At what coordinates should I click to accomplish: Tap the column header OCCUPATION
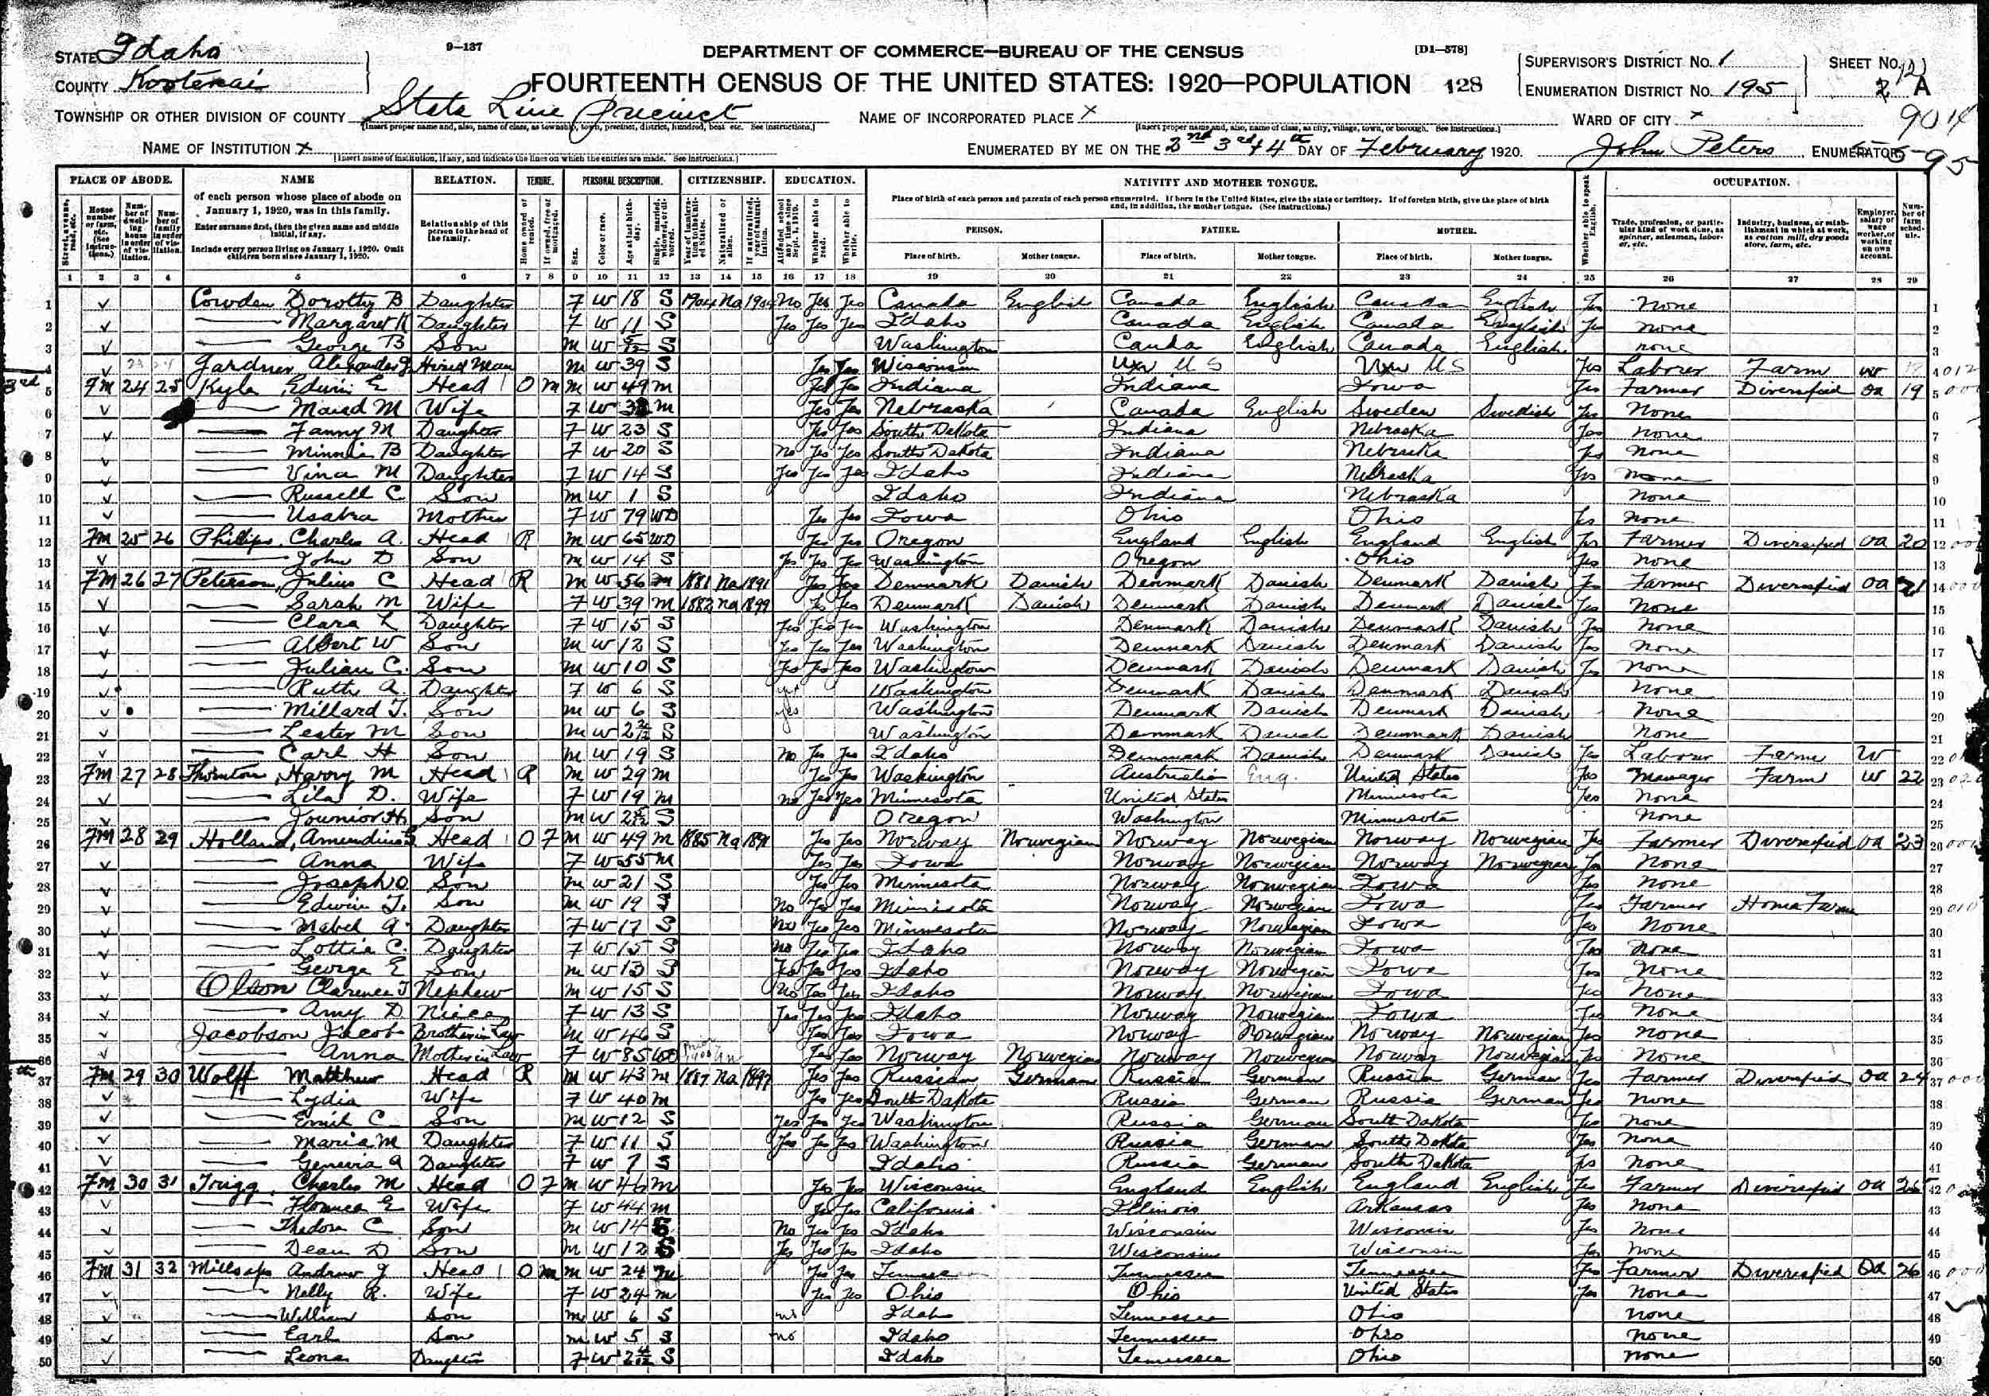[1751, 183]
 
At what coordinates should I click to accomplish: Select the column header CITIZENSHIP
[726, 181]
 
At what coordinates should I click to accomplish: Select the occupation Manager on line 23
[1661, 775]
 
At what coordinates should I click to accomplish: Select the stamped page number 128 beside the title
[1463, 85]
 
